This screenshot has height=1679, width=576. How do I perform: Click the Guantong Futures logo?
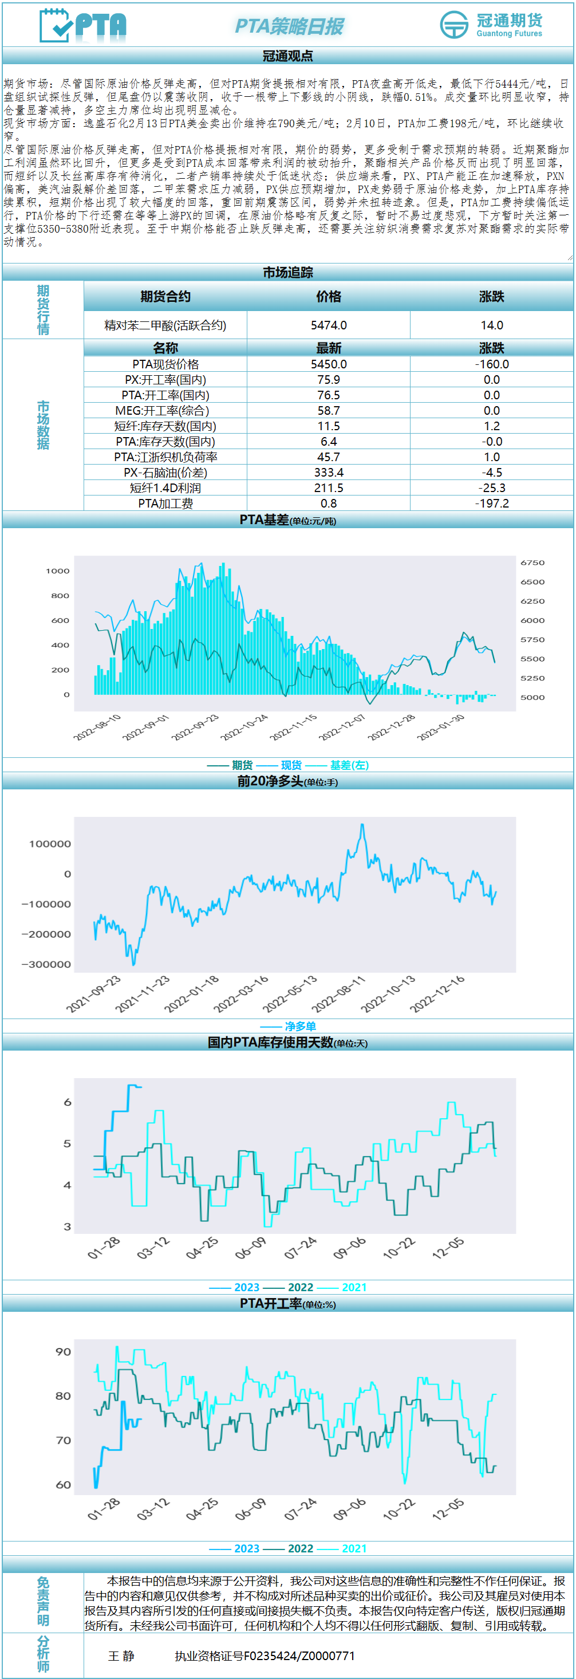(491, 25)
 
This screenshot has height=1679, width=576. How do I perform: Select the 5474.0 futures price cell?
(329, 325)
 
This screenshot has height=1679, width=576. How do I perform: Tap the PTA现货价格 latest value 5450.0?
(329, 364)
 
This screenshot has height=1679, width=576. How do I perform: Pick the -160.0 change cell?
(491, 364)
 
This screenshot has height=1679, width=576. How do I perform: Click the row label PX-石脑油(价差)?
(165, 473)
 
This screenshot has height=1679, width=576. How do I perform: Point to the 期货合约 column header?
(165, 297)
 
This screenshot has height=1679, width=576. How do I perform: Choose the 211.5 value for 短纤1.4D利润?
(329, 488)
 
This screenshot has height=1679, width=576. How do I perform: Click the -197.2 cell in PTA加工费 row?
(491, 503)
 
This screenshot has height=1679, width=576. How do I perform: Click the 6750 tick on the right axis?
(532, 563)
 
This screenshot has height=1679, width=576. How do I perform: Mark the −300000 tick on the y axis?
(46, 964)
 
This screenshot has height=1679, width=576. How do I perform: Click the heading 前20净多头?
(270, 781)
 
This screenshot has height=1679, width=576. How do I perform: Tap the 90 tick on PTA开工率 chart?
(63, 1352)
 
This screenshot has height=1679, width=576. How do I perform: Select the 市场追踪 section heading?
(288, 273)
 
